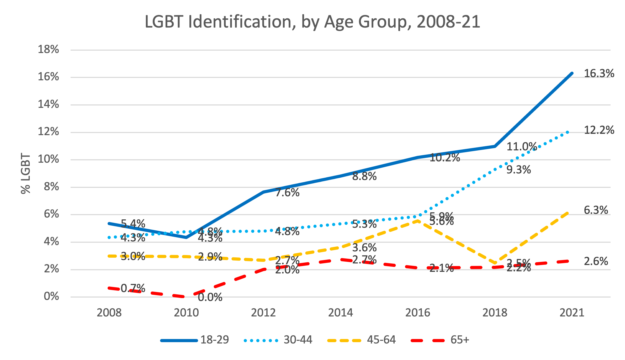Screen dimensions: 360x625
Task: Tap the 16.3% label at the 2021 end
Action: click(x=599, y=73)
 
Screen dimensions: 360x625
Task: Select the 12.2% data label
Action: click(x=599, y=130)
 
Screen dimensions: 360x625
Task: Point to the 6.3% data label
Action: click(x=596, y=210)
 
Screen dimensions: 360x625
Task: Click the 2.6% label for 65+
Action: click(x=596, y=261)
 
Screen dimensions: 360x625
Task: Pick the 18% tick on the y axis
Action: click(x=49, y=49)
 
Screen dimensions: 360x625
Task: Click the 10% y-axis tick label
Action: click(x=49, y=159)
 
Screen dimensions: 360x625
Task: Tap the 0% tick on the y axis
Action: click(x=51, y=296)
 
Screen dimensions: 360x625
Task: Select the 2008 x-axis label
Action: click(x=109, y=313)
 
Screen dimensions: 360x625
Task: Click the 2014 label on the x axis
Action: click(x=341, y=313)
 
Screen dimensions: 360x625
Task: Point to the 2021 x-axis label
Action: click(x=572, y=313)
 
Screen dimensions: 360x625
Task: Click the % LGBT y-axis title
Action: click(x=26, y=174)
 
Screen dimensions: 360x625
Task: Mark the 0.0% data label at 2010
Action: click(x=210, y=297)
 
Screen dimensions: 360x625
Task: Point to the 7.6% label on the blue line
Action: click(x=287, y=193)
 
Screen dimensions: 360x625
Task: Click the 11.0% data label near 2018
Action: click(x=522, y=147)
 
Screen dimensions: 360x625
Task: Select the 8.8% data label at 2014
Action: click(x=364, y=177)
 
